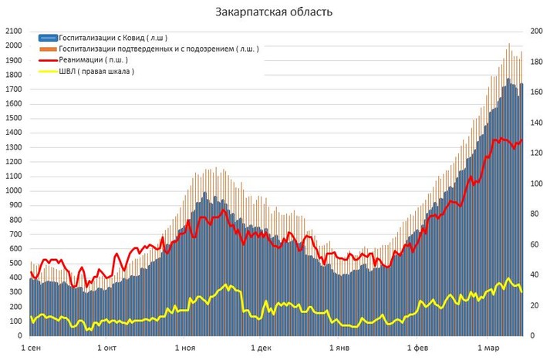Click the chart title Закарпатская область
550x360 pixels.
point(275,13)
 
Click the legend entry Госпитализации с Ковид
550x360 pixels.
point(113,37)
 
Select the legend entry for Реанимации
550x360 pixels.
point(93,59)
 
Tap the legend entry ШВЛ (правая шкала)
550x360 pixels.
point(96,71)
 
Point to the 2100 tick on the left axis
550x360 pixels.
point(13,31)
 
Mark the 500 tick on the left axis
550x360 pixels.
point(15,264)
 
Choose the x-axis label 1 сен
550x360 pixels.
point(32,349)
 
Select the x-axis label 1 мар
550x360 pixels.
point(487,349)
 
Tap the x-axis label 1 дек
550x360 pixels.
point(262,349)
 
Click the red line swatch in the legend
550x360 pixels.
point(47,59)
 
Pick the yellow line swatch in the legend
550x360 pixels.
point(47,71)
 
